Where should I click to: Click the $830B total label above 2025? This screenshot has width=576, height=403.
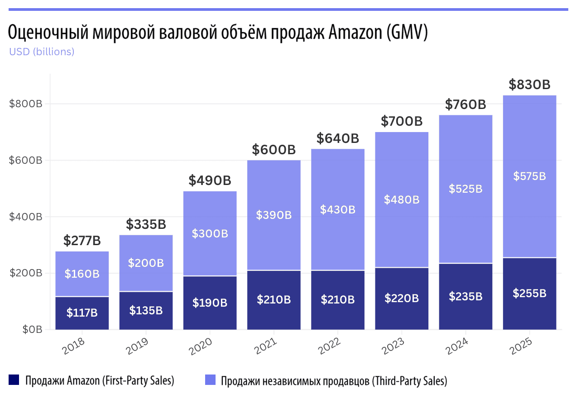pos(529,85)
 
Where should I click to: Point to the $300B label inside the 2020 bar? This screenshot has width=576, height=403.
pos(210,234)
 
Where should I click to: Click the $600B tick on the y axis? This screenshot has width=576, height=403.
pos(25,161)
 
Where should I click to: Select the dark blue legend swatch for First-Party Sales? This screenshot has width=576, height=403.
pos(14,380)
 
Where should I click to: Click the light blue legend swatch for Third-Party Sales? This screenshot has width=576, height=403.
pos(210,380)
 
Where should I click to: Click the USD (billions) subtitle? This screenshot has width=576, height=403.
pos(42,52)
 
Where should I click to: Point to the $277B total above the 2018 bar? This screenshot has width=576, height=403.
pos(82,241)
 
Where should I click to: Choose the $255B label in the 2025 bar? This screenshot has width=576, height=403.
pos(529,293)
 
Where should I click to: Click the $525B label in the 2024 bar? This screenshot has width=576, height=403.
pos(466,189)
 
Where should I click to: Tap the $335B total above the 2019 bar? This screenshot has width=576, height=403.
pos(146,224)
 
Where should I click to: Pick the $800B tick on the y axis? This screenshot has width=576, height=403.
pos(25,104)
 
